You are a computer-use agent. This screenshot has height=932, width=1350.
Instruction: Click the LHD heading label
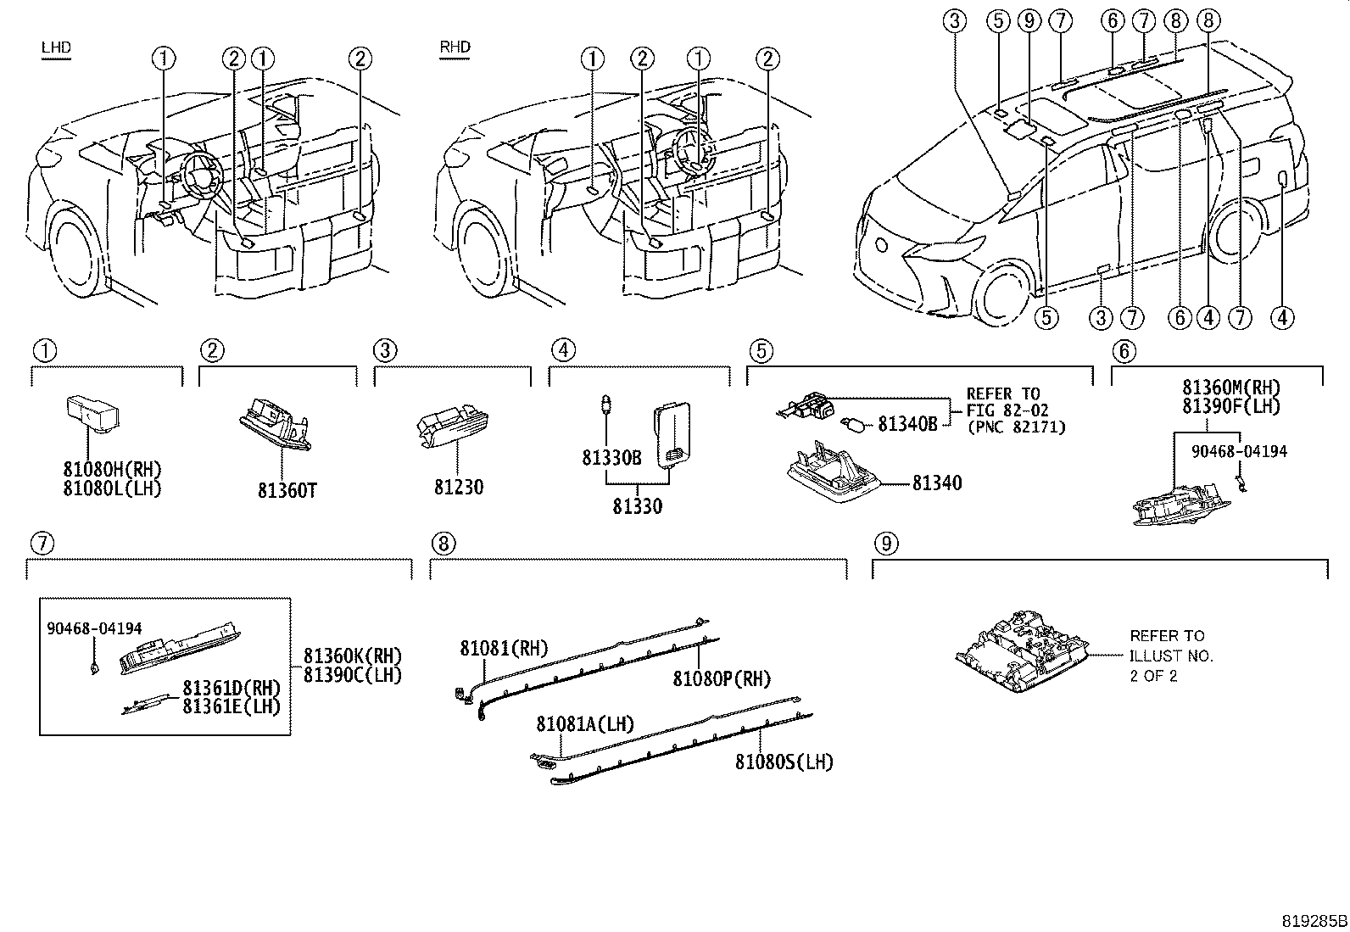click(56, 48)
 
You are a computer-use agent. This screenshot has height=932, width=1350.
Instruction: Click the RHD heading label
click(455, 47)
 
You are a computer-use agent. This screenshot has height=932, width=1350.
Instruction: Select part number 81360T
click(287, 490)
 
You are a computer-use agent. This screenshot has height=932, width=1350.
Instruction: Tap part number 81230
click(459, 487)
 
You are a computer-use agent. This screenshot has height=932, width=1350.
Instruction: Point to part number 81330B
click(611, 458)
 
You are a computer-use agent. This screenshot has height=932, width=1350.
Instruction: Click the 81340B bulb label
click(907, 423)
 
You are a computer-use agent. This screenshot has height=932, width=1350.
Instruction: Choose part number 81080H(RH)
click(112, 469)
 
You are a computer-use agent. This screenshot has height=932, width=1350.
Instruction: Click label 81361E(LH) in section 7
click(232, 706)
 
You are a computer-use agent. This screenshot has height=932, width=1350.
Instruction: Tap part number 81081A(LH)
click(585, 724)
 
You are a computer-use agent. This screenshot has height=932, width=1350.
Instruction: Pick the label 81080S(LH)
click(784, 762)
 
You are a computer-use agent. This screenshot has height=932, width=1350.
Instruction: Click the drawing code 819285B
click(1314, 920)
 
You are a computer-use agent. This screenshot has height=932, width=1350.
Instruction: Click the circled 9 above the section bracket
click(884, 544)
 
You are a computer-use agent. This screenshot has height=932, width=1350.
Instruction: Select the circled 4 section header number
click(562, 349)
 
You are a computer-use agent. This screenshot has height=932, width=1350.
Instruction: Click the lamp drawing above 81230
click(453, 427)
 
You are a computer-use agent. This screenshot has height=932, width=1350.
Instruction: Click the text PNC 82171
click(1016, 427)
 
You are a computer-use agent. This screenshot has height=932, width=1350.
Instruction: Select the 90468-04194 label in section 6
click(1239, 451)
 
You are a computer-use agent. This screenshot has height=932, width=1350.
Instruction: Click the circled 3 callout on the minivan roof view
click(955, 21)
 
